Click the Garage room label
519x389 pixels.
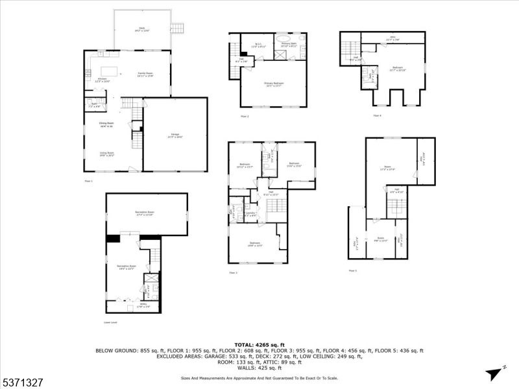point(175,136)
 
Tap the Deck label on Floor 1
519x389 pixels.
point(141,29)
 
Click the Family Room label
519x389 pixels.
point(145,75)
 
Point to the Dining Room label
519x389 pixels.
point(106,124)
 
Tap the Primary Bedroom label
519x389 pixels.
point(273,84)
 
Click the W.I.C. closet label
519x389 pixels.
point(258,45)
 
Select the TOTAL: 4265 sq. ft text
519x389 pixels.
point(259,344)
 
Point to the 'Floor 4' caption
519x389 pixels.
point(377,116)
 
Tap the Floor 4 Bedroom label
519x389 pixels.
point(396,68)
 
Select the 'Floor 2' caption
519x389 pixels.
point(245,116)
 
